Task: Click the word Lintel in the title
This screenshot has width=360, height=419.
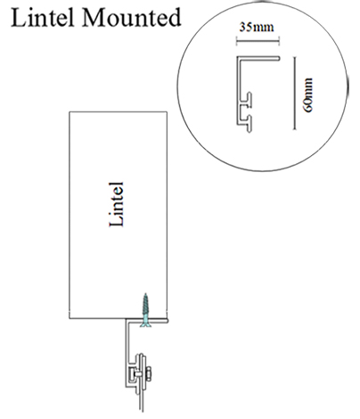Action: (42, 18)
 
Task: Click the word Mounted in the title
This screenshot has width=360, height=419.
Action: (131, 18)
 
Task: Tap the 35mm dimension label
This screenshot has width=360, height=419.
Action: (257, 27)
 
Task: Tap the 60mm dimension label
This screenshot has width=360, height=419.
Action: (308, 94)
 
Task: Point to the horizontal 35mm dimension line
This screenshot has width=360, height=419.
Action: (258, 41)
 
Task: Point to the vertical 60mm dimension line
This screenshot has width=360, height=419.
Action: (294, 93)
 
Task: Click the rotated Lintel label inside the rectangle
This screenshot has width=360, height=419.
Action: (116, 204)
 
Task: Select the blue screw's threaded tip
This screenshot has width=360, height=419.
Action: (145, 295)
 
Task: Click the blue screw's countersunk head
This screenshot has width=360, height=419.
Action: (145, 325)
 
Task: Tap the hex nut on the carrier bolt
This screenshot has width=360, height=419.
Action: (149, 372)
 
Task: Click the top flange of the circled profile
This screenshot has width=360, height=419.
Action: (258, 58)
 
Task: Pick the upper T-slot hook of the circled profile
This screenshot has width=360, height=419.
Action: (250, 100)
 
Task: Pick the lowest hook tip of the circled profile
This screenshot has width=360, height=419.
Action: (250, 129)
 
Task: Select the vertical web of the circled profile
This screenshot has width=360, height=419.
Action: (239, 90)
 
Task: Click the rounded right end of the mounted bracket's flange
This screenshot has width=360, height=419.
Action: (167, 320)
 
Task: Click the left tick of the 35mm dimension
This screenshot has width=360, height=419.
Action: (237, 41)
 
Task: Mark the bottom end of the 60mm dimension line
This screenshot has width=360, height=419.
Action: (294, 129)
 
